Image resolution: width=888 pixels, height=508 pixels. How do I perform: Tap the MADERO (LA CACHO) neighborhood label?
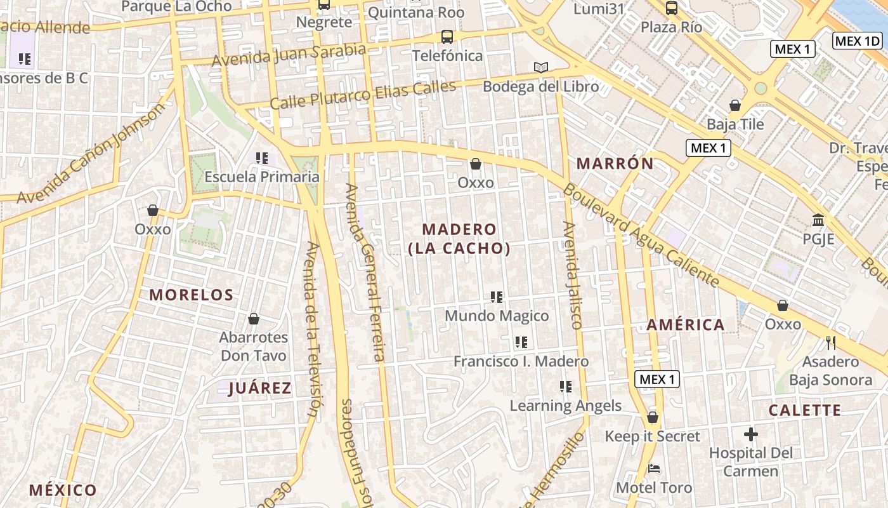coord(459,239)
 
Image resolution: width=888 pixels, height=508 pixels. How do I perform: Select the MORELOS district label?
coord(192,295)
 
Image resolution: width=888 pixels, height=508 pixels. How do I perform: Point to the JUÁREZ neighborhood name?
coord(259,389)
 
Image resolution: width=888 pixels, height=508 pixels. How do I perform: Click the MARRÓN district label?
coord(615,163)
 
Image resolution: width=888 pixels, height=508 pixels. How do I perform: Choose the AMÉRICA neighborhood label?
coord(686,325)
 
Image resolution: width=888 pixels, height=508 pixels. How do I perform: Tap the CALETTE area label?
coord(805,410)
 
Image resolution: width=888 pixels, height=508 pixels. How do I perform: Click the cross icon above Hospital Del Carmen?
coord(751,435)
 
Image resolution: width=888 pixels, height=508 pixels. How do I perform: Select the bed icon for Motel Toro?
coord(654,469)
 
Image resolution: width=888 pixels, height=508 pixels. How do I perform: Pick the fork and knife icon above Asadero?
coord(830,343)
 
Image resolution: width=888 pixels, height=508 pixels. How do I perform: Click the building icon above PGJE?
coord(818,220)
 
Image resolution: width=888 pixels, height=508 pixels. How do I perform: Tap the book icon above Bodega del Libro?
coord(540,67)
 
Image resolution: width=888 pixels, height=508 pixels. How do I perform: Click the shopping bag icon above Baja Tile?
coord(735,105)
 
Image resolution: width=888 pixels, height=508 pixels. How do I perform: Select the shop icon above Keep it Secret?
coord(652,418)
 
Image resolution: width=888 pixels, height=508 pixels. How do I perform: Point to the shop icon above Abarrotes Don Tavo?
coord(254,319)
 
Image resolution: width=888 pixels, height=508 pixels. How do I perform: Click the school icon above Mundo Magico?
coord(497,297)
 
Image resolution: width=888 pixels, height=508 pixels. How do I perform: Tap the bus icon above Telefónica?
coord(447,37)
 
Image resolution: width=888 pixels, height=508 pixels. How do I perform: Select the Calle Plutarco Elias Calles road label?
coord(363,95)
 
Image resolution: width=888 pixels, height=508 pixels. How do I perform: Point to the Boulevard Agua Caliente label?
coord(641,235)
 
